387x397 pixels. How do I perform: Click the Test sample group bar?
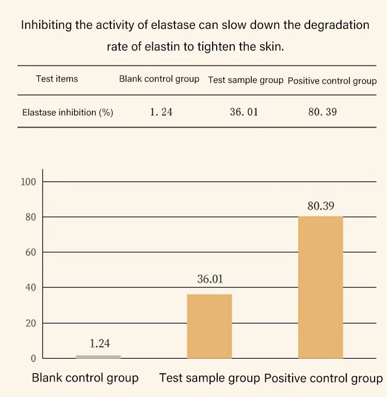(x=209, y=326)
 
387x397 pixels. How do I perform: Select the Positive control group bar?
(x=320, y=287)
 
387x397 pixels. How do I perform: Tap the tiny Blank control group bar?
(x=99, y=356)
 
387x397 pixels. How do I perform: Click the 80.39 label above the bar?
(x=320, y=205)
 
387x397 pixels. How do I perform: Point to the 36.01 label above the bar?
(x=210, y=279)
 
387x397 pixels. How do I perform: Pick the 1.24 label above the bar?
(x=100, y=343)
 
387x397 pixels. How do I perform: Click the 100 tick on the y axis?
(x=28, y=182)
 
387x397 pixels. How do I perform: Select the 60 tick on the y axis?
(x=31, y=252)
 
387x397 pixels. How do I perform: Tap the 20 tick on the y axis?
(x=31, y=323)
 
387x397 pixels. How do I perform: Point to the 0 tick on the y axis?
(x=34, y=358)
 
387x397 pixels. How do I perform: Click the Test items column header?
(x=57, y=79)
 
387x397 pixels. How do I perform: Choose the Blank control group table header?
(x=159, y=79)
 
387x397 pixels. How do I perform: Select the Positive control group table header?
(x=332, y=81)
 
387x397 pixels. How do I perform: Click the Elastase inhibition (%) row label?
(x=68, y=112)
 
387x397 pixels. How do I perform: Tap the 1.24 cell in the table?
(x=161, y=112)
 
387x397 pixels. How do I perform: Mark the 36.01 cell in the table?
(x=244, y=112)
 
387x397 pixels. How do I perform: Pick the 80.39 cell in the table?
(x=322, y=112)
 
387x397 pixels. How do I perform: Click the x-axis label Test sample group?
(x=209, y=378)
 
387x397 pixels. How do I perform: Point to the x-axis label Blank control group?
(x=85, y=378)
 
